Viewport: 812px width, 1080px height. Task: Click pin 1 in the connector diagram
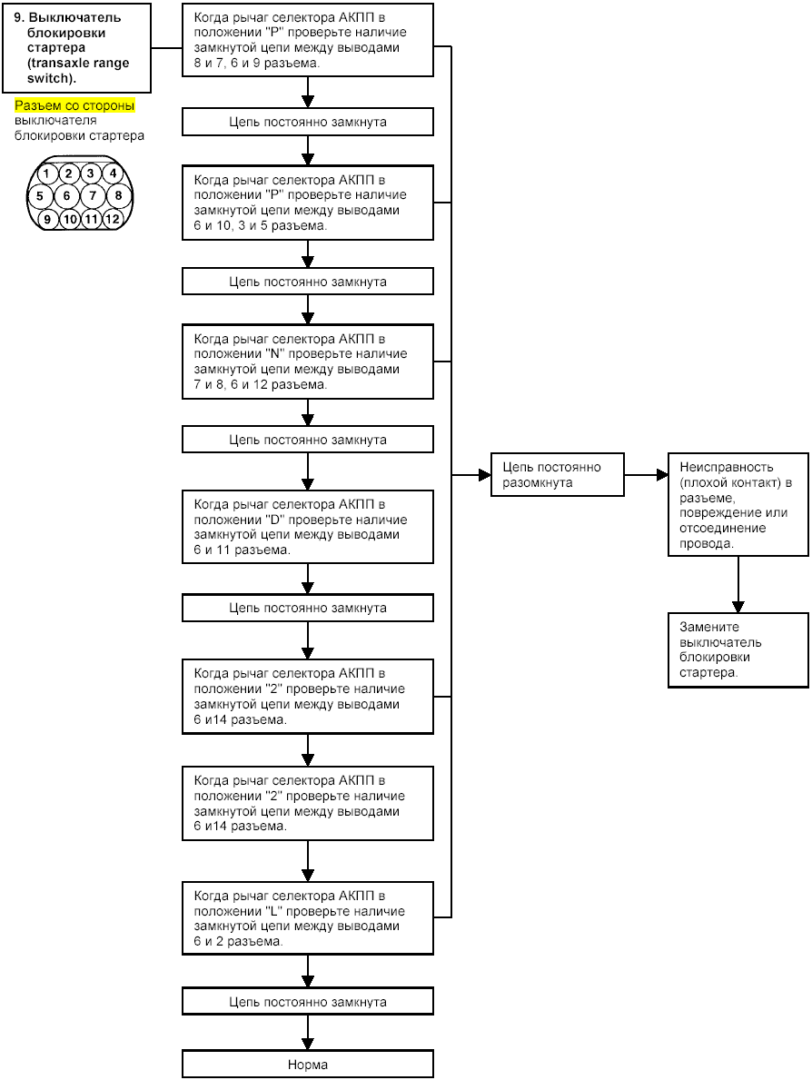click(x=46, y=173)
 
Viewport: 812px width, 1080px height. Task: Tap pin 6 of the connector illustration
click(x=67, y=195)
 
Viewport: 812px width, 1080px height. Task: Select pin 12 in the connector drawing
click(x=113, y=219)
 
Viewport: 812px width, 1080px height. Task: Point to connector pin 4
click(x=113, y=173)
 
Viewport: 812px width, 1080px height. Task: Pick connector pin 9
click(x=47, y=219)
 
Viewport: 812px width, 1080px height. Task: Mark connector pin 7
click(x=93, y=195)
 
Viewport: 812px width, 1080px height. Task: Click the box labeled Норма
click(x=308, y=1065)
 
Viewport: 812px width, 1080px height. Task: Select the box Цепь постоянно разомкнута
click(x=557, y=474)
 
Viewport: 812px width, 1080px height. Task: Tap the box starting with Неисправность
click(x=738, y=505)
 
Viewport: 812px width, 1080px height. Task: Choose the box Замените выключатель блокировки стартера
click(x=738, y=650)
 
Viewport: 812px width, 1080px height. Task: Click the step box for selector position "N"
click(x=308, y=362)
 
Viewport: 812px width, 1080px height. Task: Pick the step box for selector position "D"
click(x=308, y=527)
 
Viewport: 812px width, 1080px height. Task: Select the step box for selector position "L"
click(x=308, y=918)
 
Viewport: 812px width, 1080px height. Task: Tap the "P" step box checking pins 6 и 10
click(x=308, y=203)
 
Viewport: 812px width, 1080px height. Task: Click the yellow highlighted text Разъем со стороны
click(x=74, y=105)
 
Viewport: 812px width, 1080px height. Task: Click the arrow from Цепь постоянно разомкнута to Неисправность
click(x=646, y=474)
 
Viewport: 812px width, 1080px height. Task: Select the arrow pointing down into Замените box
click(x=738, y=585)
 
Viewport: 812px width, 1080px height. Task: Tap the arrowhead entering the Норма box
click(x=308, y=1044)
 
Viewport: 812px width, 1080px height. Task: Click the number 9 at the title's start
click(x=19, y=18)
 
